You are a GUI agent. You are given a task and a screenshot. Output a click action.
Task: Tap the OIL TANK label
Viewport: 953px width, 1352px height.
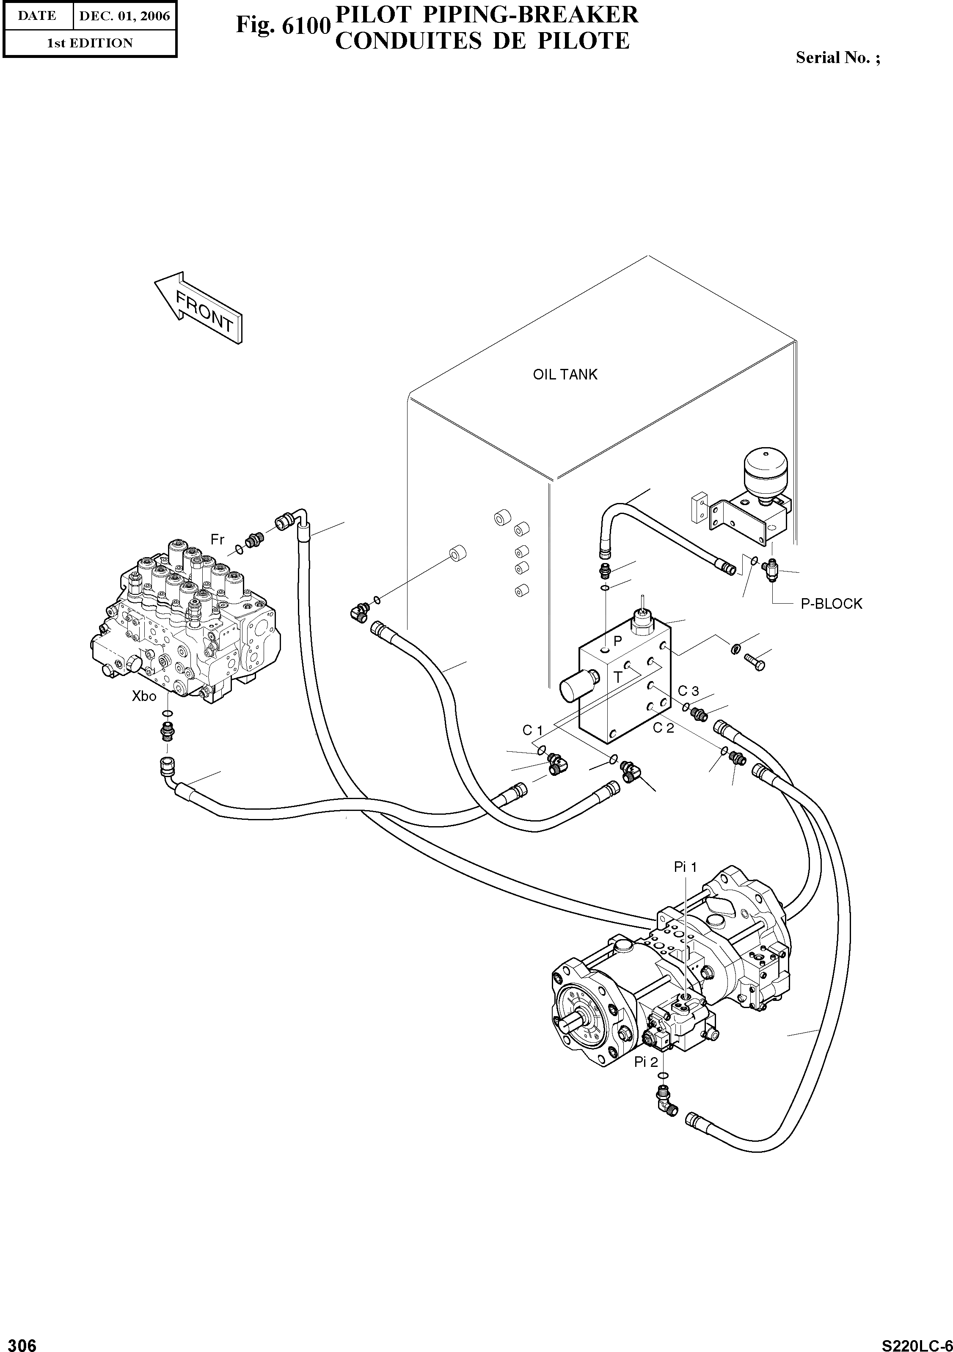click(565, 374)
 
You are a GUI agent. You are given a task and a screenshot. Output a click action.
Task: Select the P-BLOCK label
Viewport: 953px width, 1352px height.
click(831, 604)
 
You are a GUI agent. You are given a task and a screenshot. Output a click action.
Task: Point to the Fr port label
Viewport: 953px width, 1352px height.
click(218, 539)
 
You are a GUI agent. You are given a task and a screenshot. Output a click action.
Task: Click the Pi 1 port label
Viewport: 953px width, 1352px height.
click(686, 867)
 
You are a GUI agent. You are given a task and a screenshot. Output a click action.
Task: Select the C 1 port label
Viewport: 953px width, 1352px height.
click(532, 730)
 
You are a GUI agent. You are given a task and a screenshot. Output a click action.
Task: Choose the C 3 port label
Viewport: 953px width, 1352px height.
click(688, 691)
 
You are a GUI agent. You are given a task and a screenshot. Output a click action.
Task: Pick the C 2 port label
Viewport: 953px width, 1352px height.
click(663, 728)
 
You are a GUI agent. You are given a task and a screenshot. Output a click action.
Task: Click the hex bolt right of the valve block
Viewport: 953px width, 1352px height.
click(755, 661)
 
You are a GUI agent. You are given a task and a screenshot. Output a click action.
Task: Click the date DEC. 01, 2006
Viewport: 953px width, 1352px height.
click(124, 16)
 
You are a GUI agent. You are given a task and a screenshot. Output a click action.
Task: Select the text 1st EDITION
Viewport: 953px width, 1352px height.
click(90, 43)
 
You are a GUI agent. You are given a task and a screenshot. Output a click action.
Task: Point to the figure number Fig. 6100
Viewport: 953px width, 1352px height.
click(281, 25)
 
